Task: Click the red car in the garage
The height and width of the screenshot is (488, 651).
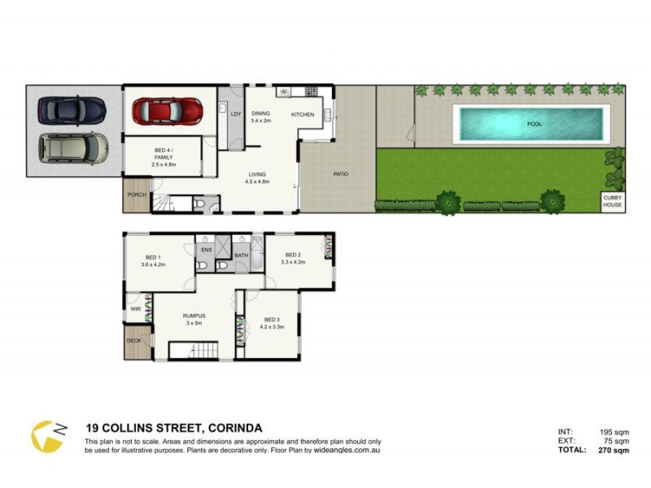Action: tap(168, 109)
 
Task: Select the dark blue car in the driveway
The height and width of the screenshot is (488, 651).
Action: tap(72, 108)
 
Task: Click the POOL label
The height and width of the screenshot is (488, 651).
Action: tap(534, 124)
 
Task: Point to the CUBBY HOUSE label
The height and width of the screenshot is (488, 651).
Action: tap(612, 201)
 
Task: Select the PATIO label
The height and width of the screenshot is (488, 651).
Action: tap(341, 173)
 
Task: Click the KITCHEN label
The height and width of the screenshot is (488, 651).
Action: tap(303, 115)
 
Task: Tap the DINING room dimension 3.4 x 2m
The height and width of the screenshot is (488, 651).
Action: tap(262, 121)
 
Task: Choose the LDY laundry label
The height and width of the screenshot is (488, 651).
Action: tap(235, 114)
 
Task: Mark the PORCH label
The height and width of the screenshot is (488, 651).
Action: tap(136, 194)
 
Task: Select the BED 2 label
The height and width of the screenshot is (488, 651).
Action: tap(293, 255)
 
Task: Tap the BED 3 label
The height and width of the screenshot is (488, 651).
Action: tap(271, 320)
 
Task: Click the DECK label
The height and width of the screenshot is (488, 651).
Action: tap(133, 341)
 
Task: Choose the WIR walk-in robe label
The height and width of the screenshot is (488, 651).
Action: tap(135, 309)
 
